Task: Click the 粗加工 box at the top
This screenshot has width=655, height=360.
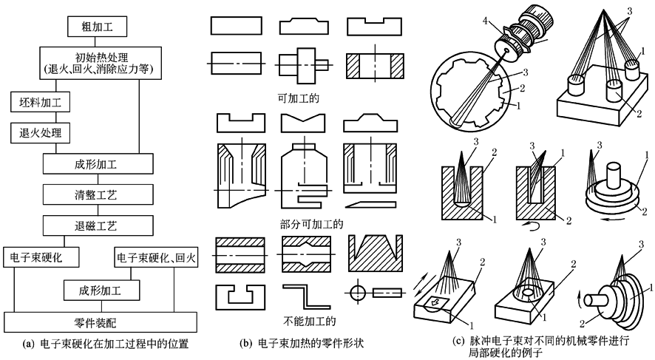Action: click(x=97, y=27)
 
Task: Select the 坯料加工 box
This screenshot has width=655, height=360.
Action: click(x=40, y=102)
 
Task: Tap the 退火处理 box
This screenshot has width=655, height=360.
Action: click(x=40, y=133)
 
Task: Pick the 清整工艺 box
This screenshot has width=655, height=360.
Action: click(x=98, y=194)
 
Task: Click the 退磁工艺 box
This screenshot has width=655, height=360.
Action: click(x=98, y=226)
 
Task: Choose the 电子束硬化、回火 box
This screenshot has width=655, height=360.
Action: click(x=156, y=257)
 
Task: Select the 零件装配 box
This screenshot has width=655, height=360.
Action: click(x=101, y=322)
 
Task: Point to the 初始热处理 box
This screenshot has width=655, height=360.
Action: click(x=101, y=63)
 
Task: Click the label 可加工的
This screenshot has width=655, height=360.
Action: click(x=298, y=98)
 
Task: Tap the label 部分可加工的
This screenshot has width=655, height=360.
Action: click(x=311, y=224)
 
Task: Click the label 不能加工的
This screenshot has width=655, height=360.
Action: click(x=310, y=321)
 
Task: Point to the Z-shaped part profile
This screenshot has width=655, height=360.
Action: click(x=306, y=298)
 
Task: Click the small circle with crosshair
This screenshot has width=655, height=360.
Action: click(x=358, y=293)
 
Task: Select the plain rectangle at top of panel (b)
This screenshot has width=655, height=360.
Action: click(x=237, y=25)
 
